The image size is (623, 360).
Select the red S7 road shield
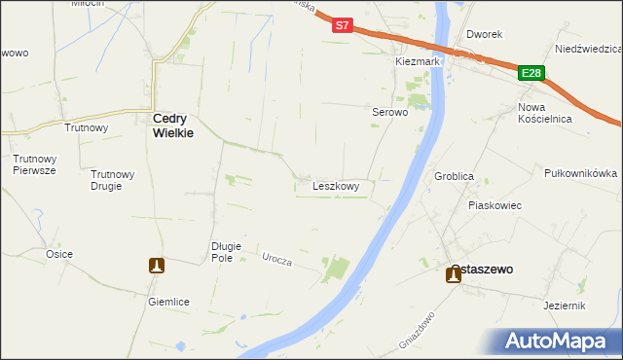[x=342, y=26]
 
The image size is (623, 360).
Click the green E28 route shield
[x=531, y=73]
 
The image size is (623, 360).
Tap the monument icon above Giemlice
[x=156, y=265]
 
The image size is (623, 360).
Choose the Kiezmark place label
[x=419, y=61]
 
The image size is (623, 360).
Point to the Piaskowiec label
[x=495, y=205]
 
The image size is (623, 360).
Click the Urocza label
[x=277, y=258]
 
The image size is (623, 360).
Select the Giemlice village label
[x=168, y=302]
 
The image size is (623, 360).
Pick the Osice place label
[x=58, y=254]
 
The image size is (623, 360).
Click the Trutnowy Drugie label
[x=112, y=180]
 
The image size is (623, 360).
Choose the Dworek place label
[x=484, y=34]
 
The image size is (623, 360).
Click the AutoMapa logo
[x=559, y=341]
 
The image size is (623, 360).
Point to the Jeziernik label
[x=566, y=306]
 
